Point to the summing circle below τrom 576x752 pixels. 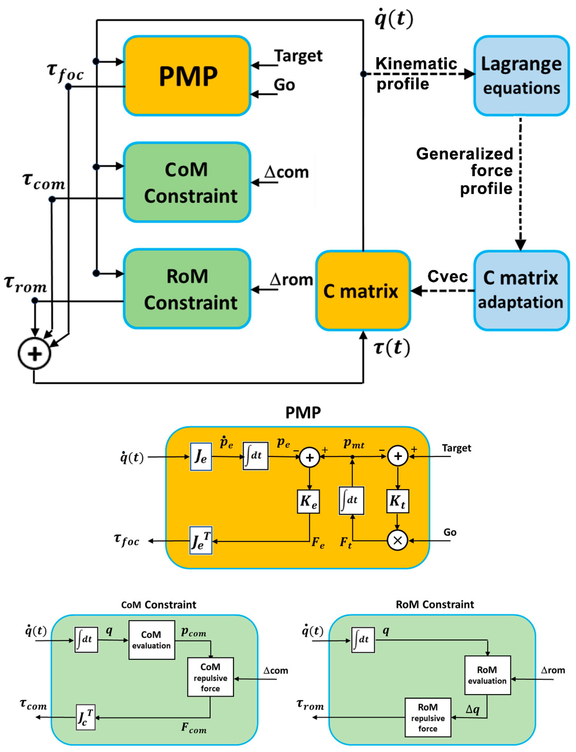34,353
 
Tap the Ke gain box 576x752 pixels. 308,501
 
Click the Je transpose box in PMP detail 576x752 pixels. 201,540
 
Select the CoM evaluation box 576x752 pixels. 152,640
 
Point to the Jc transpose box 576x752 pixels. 85,717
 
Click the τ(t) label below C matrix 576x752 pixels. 392,348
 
